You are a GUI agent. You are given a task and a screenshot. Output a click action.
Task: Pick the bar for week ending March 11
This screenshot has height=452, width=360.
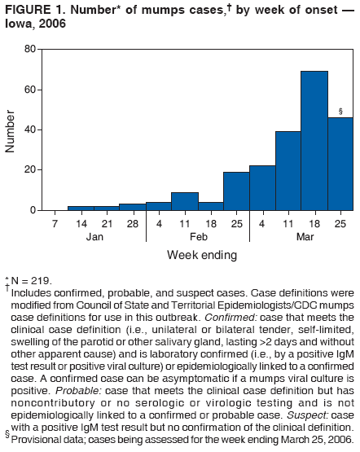click(x=288, y=170)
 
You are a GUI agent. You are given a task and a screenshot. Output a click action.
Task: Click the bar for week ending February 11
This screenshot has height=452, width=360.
click(x=184, y=201)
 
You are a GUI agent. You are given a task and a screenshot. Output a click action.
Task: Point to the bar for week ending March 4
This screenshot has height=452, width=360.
click(x=262, y=188)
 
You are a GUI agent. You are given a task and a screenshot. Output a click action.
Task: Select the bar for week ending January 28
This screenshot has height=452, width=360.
click(x=132, y=207)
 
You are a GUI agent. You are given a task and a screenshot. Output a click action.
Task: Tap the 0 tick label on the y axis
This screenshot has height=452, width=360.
click(x=33, y=210)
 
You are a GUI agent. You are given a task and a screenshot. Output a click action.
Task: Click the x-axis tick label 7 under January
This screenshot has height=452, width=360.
click(x=54, y=223)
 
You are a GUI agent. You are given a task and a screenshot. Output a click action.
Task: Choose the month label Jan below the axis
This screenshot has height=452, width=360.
click(x=93, y=236)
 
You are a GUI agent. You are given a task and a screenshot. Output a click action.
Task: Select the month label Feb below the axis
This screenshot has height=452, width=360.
click(x=197, y=236)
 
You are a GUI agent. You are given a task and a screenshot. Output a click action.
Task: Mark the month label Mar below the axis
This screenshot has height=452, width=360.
click(x=301, y=236)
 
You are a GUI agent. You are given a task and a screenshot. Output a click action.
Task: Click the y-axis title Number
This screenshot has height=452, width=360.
click(x=11, y=130)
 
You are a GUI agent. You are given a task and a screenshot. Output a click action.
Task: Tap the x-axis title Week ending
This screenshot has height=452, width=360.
click(x=202, y=255)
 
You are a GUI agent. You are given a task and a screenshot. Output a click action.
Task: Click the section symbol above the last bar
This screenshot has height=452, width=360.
click(x=340, y=111)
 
